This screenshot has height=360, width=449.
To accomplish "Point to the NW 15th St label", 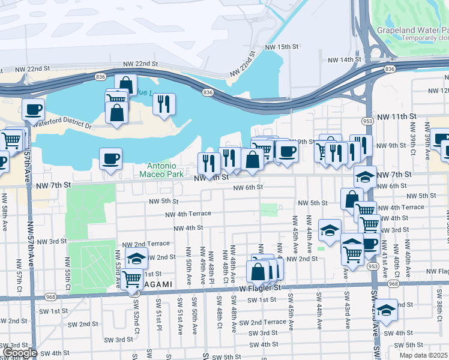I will (282, 47).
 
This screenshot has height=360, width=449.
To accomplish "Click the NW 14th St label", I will (345, 60).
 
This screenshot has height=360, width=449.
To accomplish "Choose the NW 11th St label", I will (394, 116).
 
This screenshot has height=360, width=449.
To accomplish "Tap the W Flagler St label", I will (261, 287).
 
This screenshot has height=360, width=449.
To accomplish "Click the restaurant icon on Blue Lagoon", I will (163, 104).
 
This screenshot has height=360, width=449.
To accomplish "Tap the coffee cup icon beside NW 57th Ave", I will (33, 109).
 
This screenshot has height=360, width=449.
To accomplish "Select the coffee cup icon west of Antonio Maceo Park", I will (110, 158).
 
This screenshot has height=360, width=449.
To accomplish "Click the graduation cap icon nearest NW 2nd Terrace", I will (136, 257).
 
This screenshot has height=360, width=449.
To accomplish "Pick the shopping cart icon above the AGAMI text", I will (131, 278).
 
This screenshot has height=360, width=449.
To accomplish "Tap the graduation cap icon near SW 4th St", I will (387, 310).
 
